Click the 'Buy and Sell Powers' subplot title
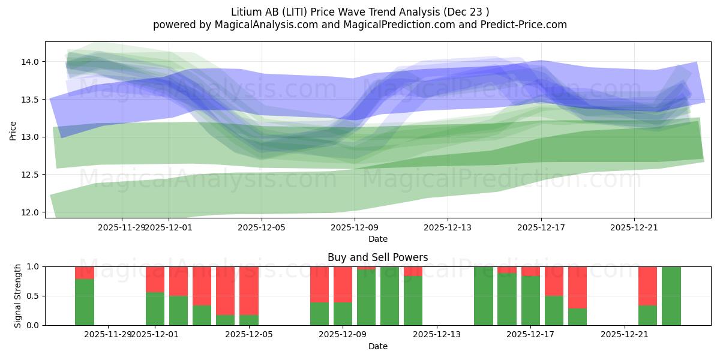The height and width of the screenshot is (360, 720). [377, 257]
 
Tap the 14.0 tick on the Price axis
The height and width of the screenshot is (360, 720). [31, 62]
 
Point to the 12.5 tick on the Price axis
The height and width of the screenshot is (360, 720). [31, 175]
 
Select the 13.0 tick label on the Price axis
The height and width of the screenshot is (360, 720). [31, 137]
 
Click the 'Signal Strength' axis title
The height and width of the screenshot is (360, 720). [18, 296]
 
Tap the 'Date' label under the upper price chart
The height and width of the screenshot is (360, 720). [377, 239]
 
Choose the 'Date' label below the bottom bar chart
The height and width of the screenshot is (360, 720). [377, 346]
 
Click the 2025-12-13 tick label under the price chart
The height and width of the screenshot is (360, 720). [448, 227]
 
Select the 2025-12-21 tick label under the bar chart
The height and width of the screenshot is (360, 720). [625, 335]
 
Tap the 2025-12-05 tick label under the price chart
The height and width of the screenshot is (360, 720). [262, 227]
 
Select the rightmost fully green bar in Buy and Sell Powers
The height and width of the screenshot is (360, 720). [671, 296]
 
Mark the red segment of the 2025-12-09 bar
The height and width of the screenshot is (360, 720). [343, 284]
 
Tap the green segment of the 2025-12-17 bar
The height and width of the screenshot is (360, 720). [530, 301]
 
